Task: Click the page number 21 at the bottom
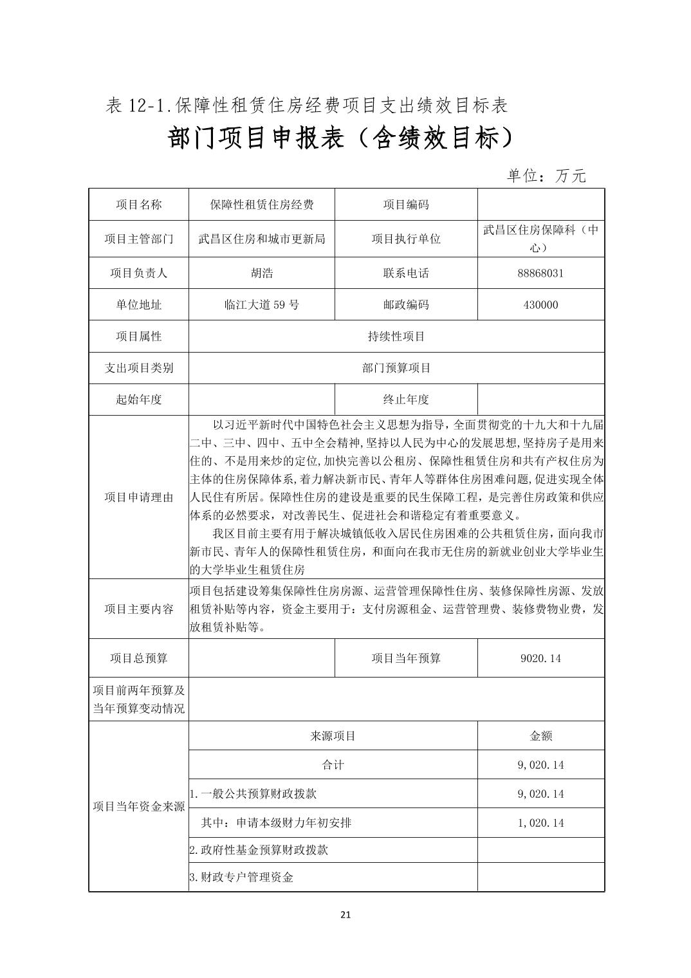pos(345,915)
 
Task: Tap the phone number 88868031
pos(540,273)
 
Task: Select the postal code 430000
pos(540,305)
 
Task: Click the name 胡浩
pos(261,273)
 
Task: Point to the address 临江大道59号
pos(261,305)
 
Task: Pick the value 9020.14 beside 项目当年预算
pos(540,658)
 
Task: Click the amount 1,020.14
pos(540,823)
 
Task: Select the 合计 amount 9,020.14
pos(540,765)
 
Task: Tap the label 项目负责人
pos(138,273)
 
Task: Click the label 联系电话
pos(405,273)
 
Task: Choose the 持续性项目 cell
pos(396,337)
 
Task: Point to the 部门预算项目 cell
pos(396,368)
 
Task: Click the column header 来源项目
pos(333,736)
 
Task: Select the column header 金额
pos(540,736)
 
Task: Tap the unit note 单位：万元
pos(546,176)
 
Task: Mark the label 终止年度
pos(405,400)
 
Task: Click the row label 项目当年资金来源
pos(138,806)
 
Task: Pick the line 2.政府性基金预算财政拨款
pos(259,850)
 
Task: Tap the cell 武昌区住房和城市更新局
pos(261,239)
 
